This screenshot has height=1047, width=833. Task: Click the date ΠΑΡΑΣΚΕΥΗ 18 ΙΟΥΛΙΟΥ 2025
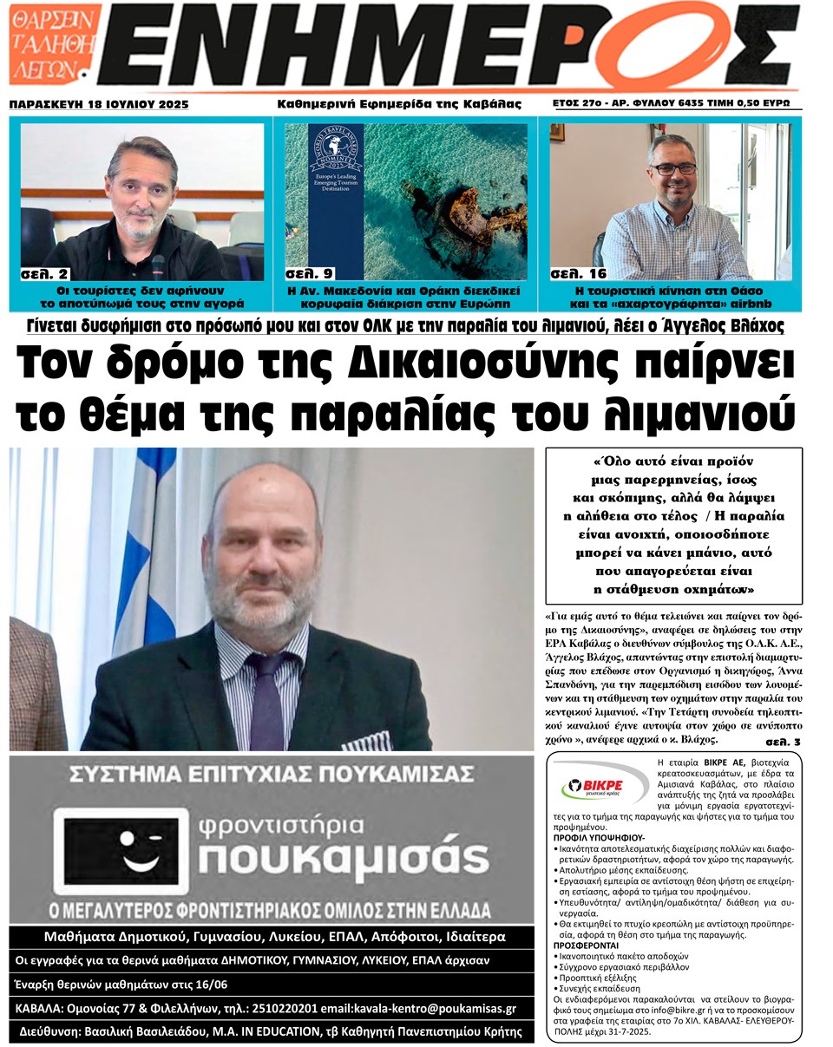pyautogui.click(x=99, y=105)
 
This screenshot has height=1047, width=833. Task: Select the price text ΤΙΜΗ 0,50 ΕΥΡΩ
pyautogui.click(x=753, y=103)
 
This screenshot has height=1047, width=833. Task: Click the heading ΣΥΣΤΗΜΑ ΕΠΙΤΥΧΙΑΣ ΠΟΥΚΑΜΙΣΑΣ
pyautogui.click(x=271, y=773)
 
